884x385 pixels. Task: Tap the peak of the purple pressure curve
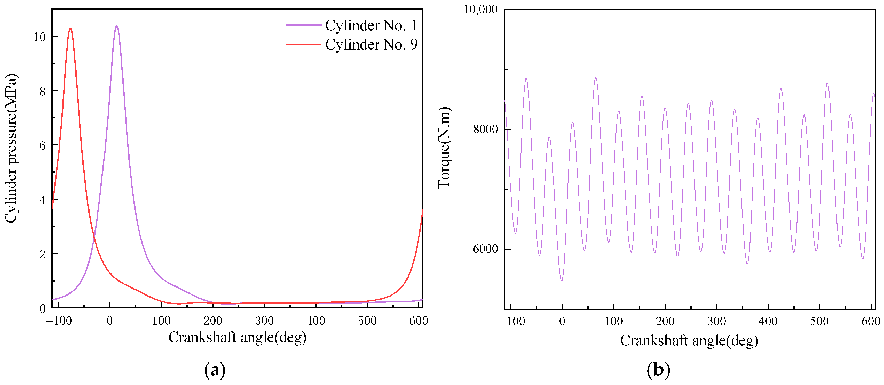tap(117, 26)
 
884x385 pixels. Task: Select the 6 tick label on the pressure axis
tap(42, 146)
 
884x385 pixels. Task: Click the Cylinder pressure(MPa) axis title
tap(11, 148)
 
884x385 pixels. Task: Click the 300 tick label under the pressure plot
tap(264, 321)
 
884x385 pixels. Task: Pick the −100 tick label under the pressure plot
tap(59, 321)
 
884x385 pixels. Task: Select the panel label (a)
tap(215, 370)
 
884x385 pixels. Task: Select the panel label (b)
tap(658, 370)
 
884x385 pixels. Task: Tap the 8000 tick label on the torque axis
tap(485, 129)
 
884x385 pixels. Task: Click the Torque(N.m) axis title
tap(444, 148)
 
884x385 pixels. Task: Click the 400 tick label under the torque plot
tap(768, 321)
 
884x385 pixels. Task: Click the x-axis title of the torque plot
tap(689, 340)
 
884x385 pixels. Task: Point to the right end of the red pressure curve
tap(422, 209)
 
